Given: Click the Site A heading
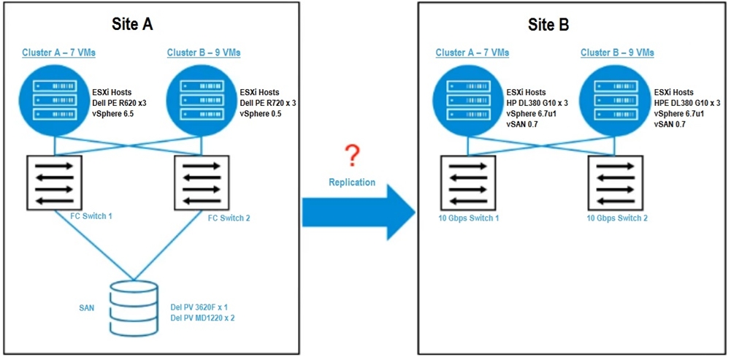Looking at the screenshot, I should click(x=132, y=23).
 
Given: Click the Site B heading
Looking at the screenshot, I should click(x=548, y=23).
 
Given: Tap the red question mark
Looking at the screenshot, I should click(x=353, y=156).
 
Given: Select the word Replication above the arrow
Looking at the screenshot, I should click(x=352, y=182).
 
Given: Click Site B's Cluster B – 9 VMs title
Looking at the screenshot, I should click(x=617, y=53).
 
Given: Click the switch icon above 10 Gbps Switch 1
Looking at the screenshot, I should click(x=467, y=181).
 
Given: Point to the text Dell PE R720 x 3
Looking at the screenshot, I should click(x=268, y=103).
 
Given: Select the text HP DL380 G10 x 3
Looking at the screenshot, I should click(x=537, y=103).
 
